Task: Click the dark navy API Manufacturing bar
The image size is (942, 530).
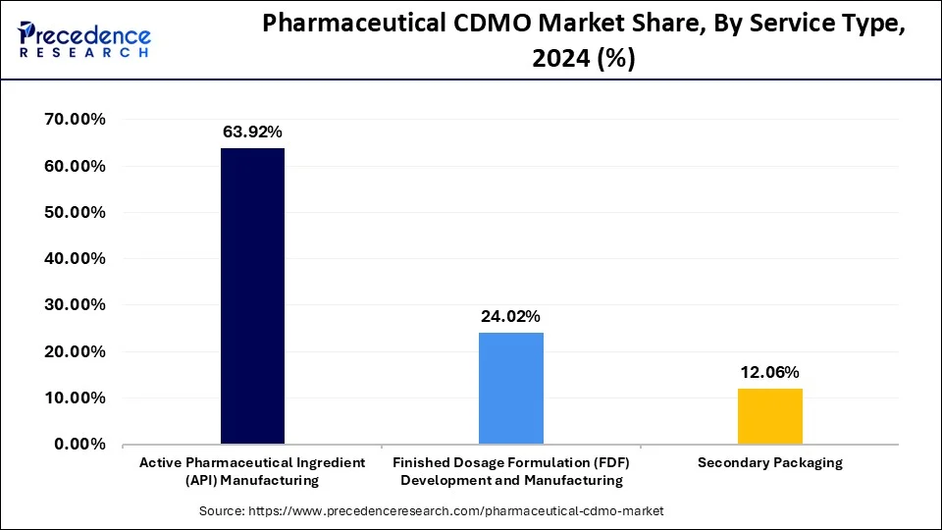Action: click(x=252, y=295)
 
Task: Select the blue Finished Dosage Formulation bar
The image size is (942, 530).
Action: click(x=510, y=388)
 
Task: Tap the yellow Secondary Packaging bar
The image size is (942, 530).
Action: click(x=769, y=416)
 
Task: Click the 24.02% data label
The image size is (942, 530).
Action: click(x=510, y=317)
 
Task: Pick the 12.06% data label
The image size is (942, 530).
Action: click(x=769, y=373)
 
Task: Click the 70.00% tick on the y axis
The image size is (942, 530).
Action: click(x=76, y=120)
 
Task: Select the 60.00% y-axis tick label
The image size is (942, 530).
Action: click(x=76, y=166)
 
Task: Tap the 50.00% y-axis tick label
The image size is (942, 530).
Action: click(x=76, y=213)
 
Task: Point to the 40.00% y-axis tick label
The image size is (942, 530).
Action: click(x=76, y=259)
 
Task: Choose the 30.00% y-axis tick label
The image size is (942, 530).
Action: click(x=76, y=305)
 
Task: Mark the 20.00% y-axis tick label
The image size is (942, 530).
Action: click(x=76, y=352)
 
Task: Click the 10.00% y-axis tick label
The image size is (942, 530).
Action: click(x=76, y=398)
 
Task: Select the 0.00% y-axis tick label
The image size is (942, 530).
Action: click(x=79, y=445)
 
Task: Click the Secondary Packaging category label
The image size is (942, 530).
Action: click(x=769, y=463)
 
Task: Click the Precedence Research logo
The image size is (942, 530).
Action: click(x=84, y=40)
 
